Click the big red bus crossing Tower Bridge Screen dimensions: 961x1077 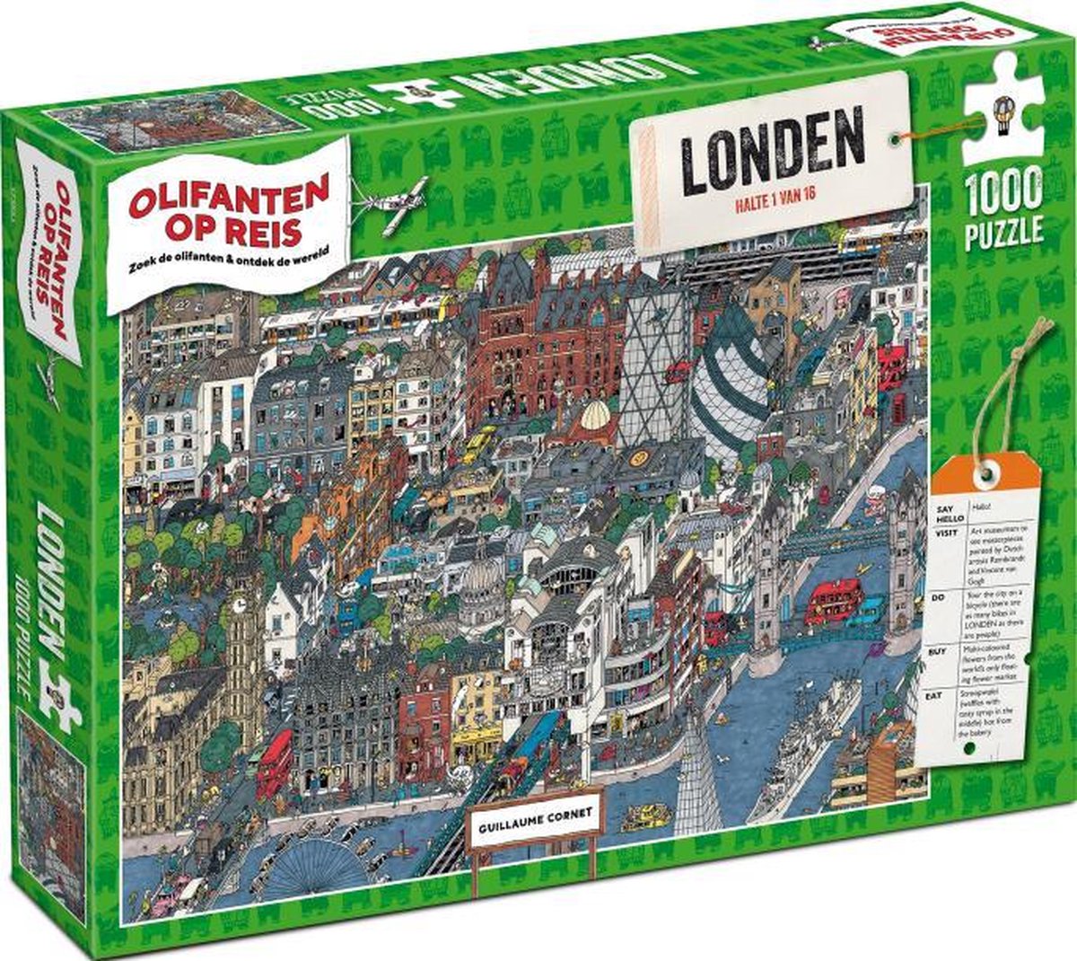[x=834, y=600]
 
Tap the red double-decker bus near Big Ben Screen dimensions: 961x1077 [x=274, y=764]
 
